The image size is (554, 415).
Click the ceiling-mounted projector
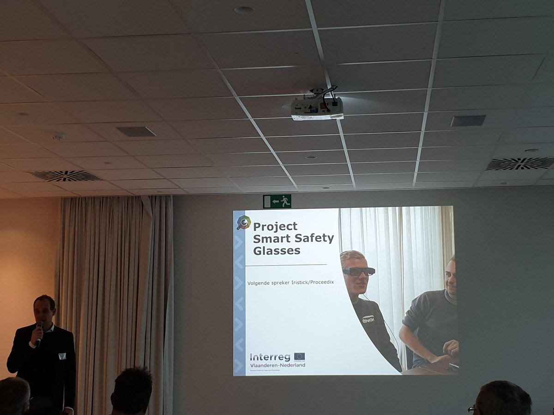click(317, 107)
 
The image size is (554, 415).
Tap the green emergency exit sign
click(277, 201)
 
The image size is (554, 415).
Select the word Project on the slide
click(275, 226)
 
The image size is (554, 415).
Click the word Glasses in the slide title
click(277, 251)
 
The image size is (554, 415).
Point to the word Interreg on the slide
click(270, 357)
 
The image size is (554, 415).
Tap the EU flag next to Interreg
click(299, 356)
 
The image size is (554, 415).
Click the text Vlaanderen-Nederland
click(277, 365)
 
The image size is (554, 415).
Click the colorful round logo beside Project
click(243, 223)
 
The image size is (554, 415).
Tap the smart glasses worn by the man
click(359, 271)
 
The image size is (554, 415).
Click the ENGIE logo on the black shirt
click(368, 319)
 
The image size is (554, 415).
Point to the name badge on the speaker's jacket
click(62, 356)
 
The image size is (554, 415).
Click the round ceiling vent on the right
click(519, 163)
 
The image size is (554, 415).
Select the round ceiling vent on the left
click(65, 176)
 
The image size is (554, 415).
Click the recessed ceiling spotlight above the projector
click(244, 10)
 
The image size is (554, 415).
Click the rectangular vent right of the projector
click(468, 121)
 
